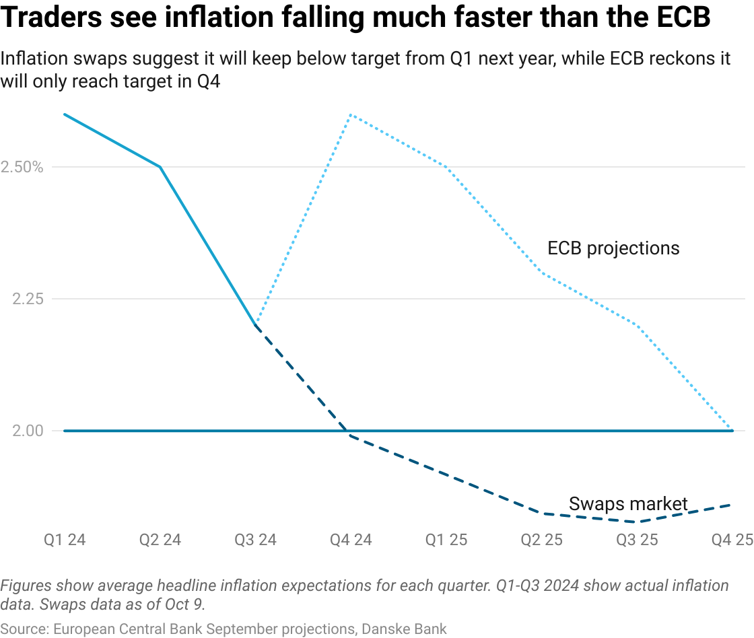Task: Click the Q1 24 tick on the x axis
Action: [x=65, y=540]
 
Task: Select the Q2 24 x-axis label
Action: [x=160, y=540]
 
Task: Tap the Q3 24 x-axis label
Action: [x=256, y=540]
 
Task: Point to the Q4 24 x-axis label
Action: [x=351, y=540]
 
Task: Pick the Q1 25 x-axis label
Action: [x=446, y=540]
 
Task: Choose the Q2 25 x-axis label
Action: [x=542, y=540]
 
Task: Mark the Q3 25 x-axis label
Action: [x=637, y=540]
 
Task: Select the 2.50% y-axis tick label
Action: [x=22, y=167]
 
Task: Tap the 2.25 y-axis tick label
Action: [x=28, y=299]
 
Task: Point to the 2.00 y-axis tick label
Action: [x=28, y=431]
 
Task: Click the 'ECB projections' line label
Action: [x=613, y=248]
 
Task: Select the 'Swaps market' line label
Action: [x=628, y=503]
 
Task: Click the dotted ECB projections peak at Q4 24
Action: [x=351, y=114]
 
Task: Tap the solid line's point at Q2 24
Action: [x=160, y=167]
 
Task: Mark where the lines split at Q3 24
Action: [x=256, y=325]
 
